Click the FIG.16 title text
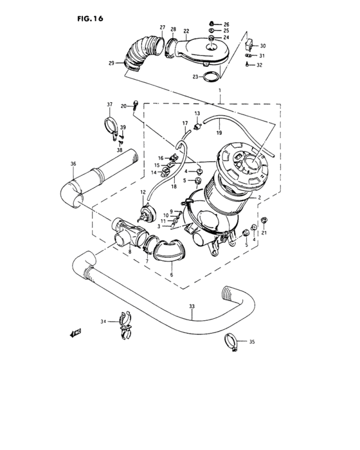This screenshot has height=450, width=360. (89, 19)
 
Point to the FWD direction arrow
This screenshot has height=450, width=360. (76, 332)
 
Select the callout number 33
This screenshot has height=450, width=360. (191, 307)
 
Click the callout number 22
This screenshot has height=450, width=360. (186, 31)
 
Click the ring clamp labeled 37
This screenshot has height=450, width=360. (110, 123)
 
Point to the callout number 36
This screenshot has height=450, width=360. (73, 164)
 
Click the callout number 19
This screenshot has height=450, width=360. (219, 134)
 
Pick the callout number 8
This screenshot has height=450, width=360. (129, 253)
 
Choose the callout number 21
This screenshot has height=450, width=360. (264, 232)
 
